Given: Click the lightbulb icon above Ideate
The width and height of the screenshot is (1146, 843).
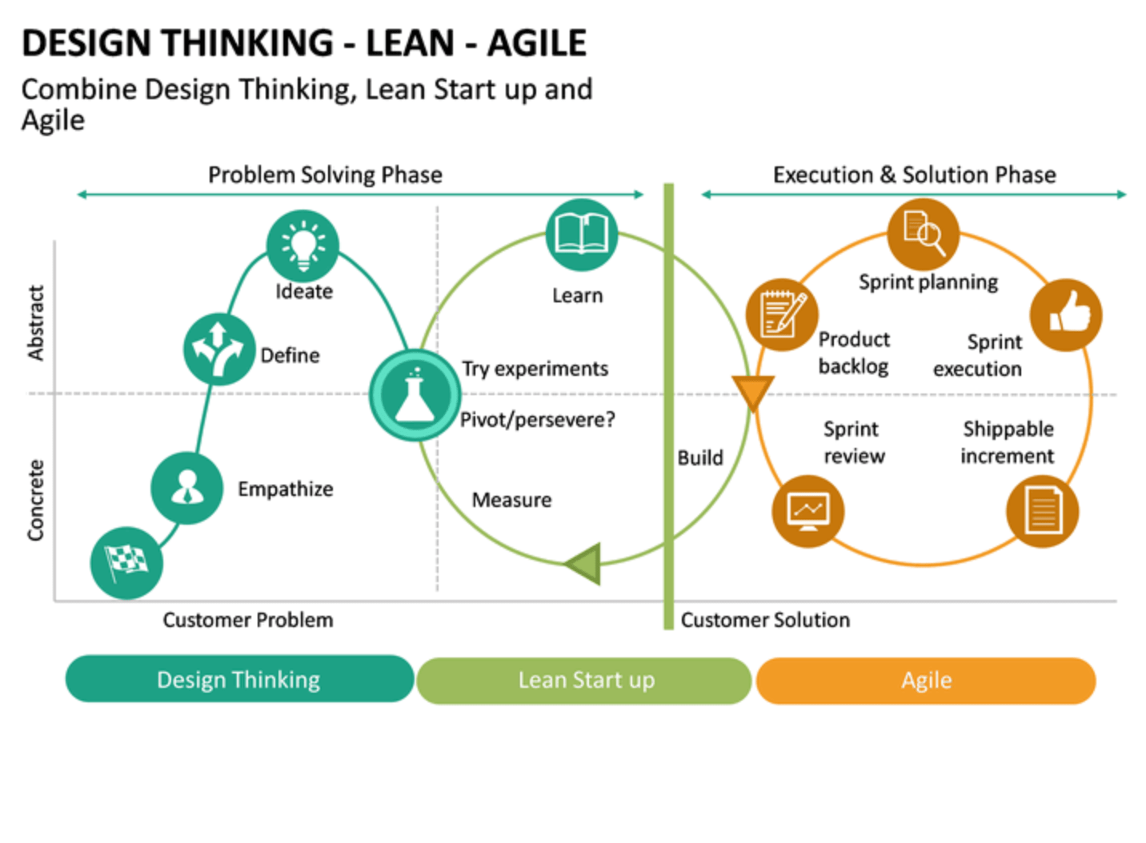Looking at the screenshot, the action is [303, 246].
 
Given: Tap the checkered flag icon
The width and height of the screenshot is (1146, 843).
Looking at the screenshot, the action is [126, 563].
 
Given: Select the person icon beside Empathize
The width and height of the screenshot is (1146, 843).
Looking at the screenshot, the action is [186, 488].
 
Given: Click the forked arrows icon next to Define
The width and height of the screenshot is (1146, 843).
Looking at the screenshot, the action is [219, 350].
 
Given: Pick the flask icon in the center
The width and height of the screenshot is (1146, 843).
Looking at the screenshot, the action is [415, 395].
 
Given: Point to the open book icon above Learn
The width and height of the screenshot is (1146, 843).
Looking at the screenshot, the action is [582, 234].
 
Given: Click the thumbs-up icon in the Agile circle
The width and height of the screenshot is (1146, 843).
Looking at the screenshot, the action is [1066, 315].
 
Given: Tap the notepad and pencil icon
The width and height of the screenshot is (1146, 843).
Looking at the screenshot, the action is [782, 314].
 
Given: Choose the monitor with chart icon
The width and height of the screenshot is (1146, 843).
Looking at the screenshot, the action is [808, 511].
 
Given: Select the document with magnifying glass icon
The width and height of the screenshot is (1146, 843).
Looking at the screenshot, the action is [924, 234].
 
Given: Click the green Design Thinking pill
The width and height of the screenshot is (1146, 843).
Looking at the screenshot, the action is [239, 679].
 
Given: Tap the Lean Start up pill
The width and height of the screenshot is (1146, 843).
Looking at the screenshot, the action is [584, 681].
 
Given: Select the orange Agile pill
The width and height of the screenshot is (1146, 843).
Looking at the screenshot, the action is [926, 681].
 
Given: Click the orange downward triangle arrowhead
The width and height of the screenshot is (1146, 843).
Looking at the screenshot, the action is [752, 391].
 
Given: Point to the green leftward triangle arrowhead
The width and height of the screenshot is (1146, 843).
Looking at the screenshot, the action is [586, 564].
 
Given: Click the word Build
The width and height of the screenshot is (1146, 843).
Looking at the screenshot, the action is [700, 458].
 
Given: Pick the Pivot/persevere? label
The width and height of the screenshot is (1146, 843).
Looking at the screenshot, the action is [537, 420].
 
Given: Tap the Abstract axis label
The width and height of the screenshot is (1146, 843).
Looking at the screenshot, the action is [36, 323].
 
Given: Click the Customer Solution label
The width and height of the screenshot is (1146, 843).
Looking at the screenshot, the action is [765, 620].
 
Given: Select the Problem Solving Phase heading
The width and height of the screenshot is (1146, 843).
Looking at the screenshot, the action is [325, 175].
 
